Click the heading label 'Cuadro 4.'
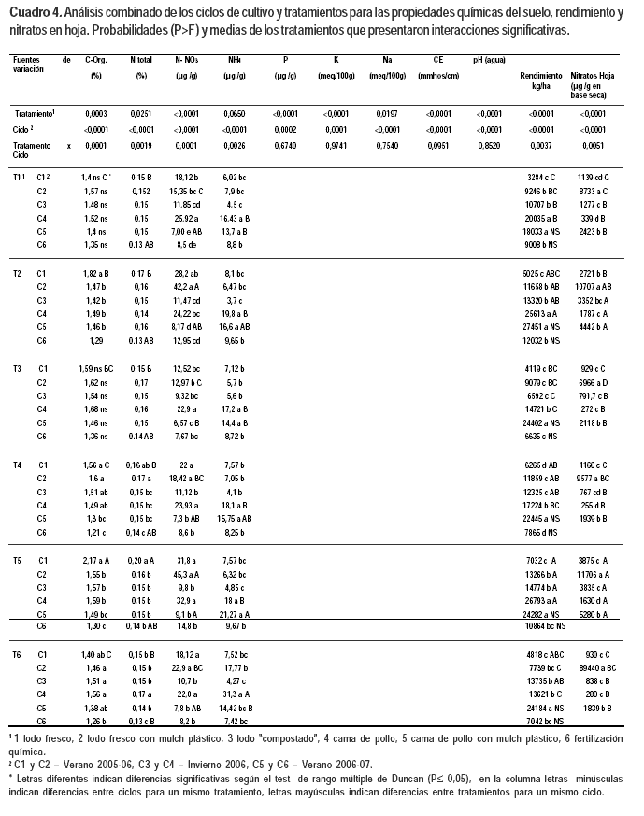click(x=36, y=13)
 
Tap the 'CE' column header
click(x=437, y=59)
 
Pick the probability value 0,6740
click(x=286, y=146)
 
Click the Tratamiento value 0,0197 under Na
click(x=387, y=113)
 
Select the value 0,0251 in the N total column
click(x=141, y=113)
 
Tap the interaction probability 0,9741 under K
click(x=336, y=146)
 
